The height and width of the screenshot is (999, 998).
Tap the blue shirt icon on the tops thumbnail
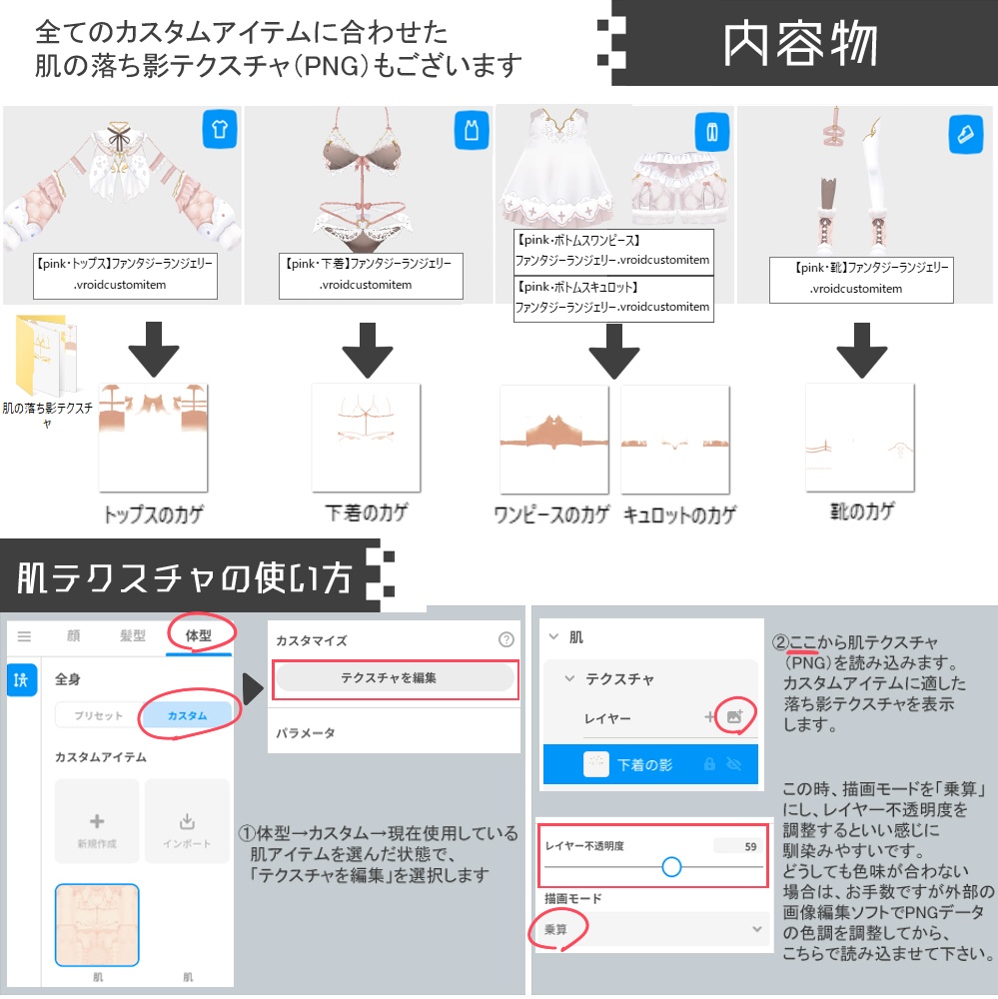coord(220,130)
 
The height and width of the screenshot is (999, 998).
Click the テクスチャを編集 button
coord(395,677)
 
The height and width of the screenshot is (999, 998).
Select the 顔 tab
coord(73,635)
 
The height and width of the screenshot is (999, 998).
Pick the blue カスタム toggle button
coord(187,716)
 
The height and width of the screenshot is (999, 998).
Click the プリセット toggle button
coord(98,716)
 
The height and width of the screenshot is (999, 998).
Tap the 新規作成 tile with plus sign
coord(97,828)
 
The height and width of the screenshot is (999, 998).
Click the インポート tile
coord(187,828)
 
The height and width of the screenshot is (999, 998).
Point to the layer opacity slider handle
coord(671,866)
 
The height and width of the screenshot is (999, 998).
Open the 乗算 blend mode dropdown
coord(654,929)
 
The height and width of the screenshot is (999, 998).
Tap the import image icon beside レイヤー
coord(735,716)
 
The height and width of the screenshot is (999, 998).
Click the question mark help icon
coord(505,640)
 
